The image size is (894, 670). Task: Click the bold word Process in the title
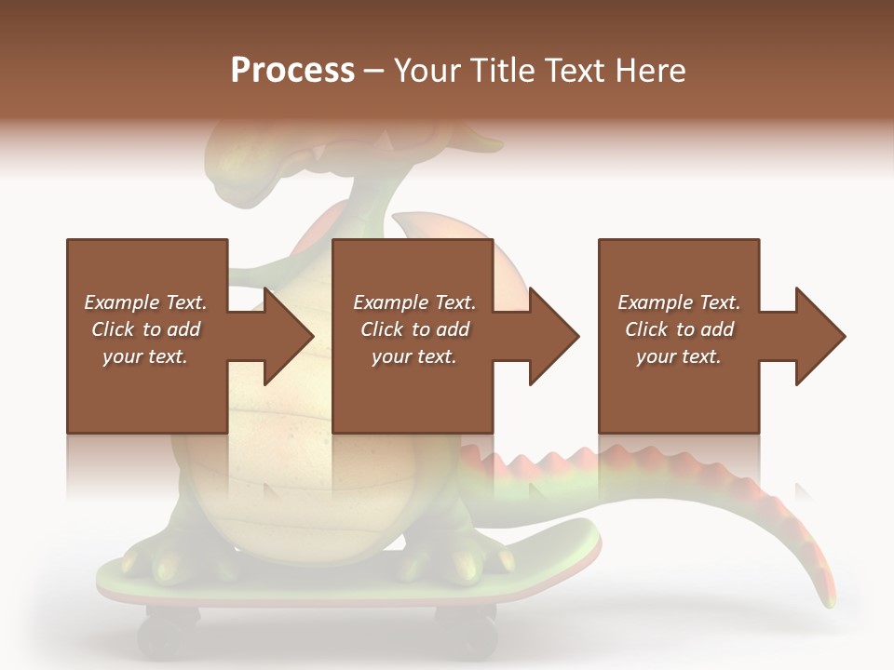[292, 70]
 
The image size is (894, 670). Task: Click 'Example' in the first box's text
[119, 302]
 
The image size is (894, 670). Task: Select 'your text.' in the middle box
[413, 356]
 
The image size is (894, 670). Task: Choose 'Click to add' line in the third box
[679, 329]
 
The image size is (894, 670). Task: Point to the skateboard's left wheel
[168, 635]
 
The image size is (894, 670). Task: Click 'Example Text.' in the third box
[679, 302]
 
